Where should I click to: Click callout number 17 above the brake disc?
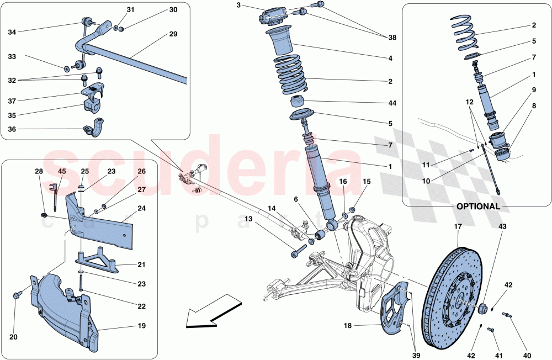(x=458, y=226)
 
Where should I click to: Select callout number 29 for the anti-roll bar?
(x=173, y=34)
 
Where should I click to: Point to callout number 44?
(x=392, y=103)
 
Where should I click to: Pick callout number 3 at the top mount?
(x=238, y=6)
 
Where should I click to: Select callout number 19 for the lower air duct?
(x=141, y=326)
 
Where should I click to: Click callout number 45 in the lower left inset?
(x=62, y=171)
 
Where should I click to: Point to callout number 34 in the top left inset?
(x=12, y=31)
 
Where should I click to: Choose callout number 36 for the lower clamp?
(x=12, y=130)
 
